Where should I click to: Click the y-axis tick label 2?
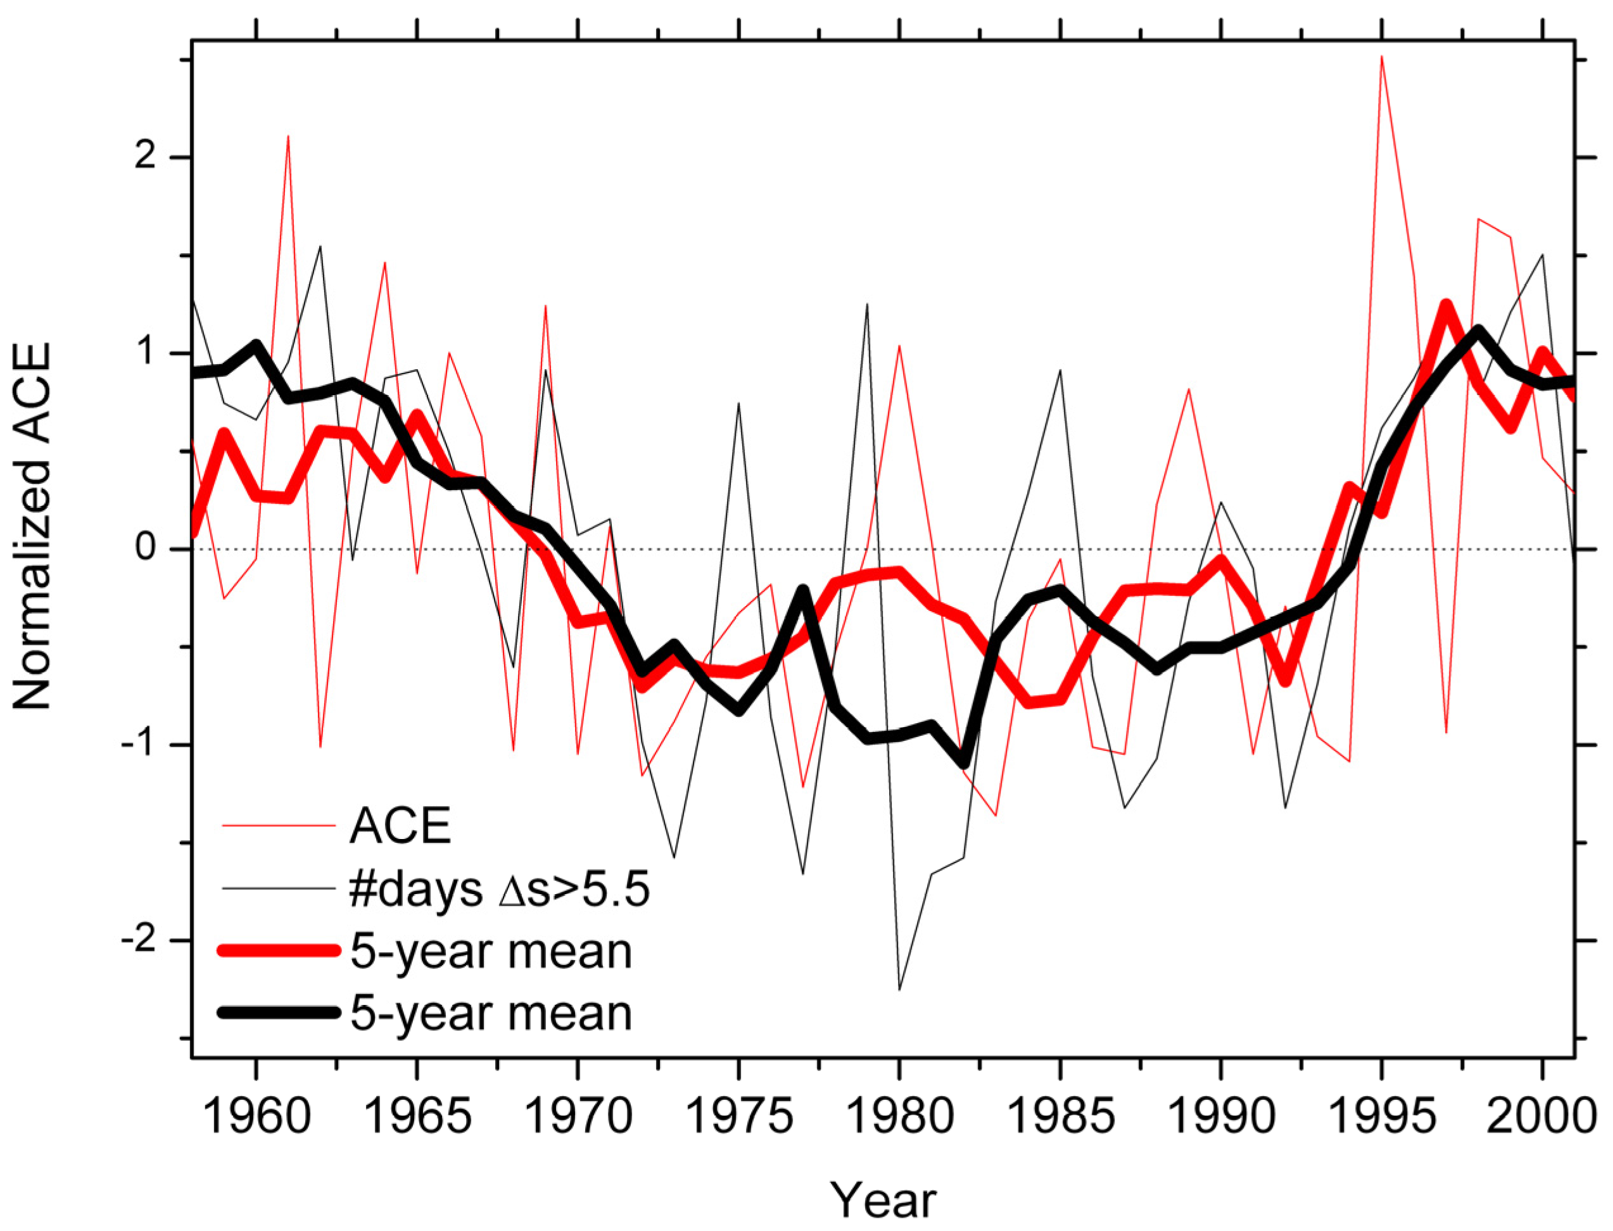[x=146, y=158]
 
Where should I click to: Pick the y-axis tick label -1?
[x=138, y=745]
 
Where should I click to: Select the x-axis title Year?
[x=883, y=1201]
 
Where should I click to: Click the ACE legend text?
[x=400, y=826]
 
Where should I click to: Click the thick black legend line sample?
[x=279, y=1013]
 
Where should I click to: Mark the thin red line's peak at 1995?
[x=1381, y=56]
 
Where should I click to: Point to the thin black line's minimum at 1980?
[x=899, y=990]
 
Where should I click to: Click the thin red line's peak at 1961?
[x=288, y=136]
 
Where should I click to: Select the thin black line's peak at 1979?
[x=867, y=304]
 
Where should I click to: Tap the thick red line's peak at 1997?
[x=1446, y=306]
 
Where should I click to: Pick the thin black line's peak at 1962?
[x=320, y=246]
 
